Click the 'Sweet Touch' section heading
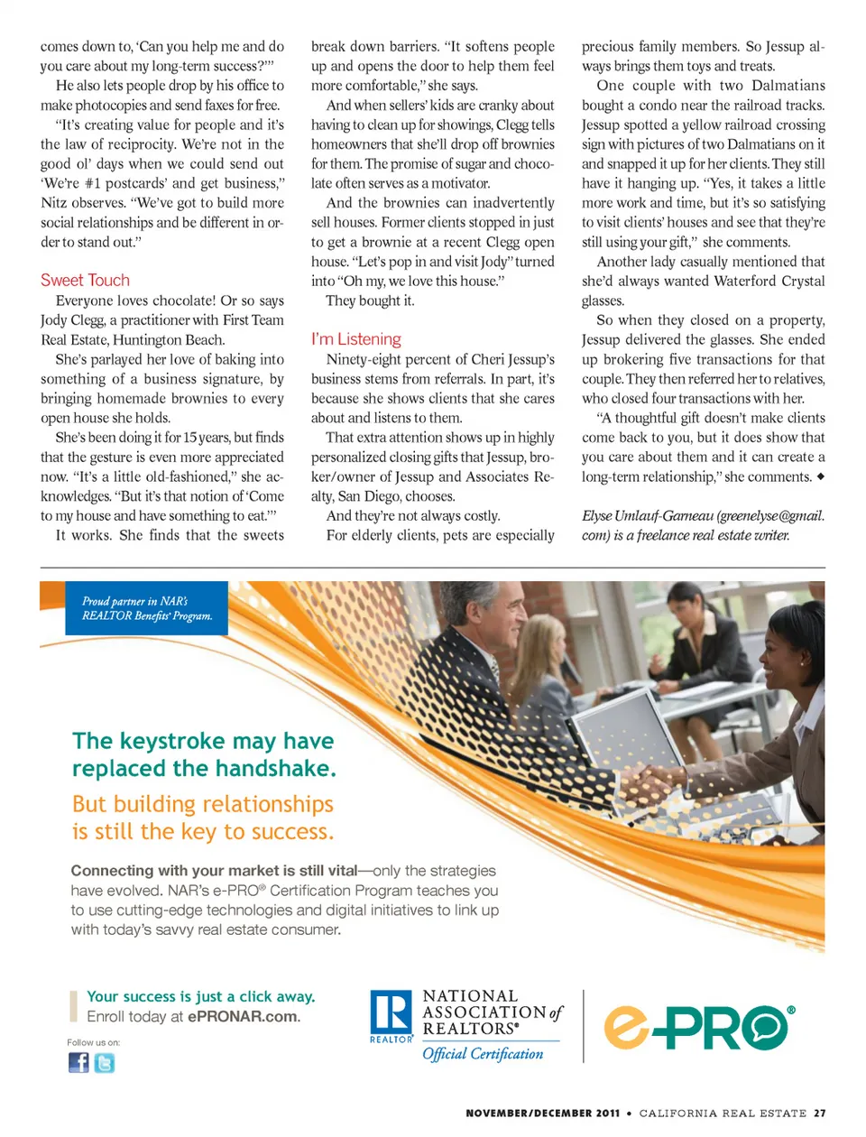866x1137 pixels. click(x=85, y=281)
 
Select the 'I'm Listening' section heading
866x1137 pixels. click(x=355, y=339)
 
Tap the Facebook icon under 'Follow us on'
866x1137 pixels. click(x=79, y=1062)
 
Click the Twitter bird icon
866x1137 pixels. click(x=105, y=1063)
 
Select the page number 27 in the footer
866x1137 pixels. click(x=819, y=1114)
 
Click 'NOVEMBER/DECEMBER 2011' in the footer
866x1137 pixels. click(x=542, y=1114)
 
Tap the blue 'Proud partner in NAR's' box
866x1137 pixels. click(x=147, y=608)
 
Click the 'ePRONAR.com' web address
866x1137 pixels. click(x=244, y=1017)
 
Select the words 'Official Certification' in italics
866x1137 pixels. click(x=483, y=1054)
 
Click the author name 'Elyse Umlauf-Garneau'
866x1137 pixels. click(x=648, y=516)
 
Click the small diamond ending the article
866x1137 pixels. click(x=820, y=476)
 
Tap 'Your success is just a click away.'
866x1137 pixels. click(x=200, y=996)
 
